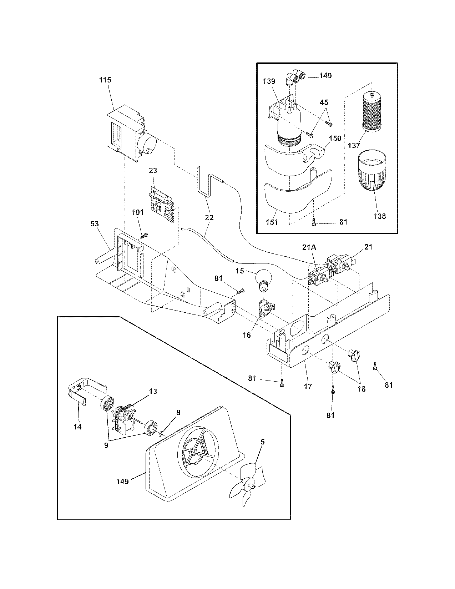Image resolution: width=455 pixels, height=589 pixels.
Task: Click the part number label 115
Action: pos(105,80)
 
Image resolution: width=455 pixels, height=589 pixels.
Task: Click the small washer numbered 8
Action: pos(161,433)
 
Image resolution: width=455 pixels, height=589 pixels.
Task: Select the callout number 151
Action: pos(272,222)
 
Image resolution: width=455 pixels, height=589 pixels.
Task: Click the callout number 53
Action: pos(95,224)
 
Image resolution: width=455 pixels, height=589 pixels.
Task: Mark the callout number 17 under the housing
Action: pos(308,386)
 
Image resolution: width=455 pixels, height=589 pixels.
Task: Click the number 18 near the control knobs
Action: pos(362,389)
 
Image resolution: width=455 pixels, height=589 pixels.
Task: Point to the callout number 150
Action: pos(335,139)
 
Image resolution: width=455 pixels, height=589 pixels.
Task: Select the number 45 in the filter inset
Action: pos(324,102)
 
